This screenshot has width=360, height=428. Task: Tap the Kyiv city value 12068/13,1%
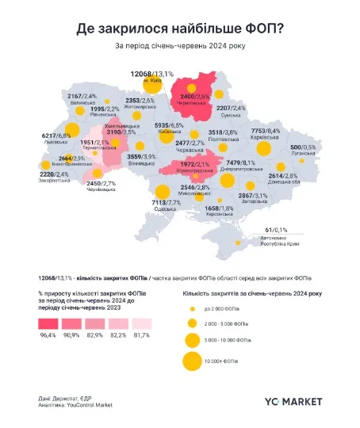pos(151,73)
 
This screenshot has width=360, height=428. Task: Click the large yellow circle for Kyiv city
pos(149,84)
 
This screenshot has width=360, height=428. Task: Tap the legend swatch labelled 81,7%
pos(141,323)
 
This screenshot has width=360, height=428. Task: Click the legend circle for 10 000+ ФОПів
pos(191,361)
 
